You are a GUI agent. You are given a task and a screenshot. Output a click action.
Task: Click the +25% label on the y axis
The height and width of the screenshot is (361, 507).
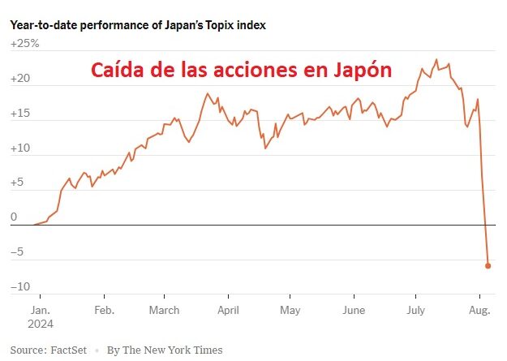pos(24,45)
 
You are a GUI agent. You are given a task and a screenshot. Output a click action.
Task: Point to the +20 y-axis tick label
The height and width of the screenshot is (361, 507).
pos(20,80)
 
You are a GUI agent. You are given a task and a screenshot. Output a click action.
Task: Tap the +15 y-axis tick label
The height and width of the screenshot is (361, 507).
pos(20,114)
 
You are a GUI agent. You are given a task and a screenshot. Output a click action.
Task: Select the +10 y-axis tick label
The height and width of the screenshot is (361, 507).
pos(20,148)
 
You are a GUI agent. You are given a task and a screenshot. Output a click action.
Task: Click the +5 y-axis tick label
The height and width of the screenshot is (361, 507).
pos(18,183)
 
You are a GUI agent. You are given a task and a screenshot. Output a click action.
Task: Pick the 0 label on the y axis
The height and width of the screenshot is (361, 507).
pos(14,217)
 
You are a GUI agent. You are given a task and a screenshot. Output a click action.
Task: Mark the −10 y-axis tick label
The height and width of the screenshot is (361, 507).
pos(21,287)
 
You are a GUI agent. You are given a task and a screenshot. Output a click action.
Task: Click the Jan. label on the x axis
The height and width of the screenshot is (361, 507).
pos(41,310)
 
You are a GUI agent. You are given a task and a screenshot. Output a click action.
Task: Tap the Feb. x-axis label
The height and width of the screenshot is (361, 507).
pos(104,310)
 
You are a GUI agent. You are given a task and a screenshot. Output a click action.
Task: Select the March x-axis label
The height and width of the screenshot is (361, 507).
pos(165,310)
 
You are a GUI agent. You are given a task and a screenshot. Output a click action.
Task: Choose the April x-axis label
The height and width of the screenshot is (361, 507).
pos(228,310)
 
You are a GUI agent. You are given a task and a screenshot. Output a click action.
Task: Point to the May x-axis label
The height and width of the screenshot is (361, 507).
pos(290,310)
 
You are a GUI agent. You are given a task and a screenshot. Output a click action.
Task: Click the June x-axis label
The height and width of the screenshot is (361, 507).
pos(354,310)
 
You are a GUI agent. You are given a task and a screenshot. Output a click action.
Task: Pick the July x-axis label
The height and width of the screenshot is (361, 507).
pos(415,310)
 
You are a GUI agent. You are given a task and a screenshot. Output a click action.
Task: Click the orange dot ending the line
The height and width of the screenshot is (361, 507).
pos(488,265)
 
